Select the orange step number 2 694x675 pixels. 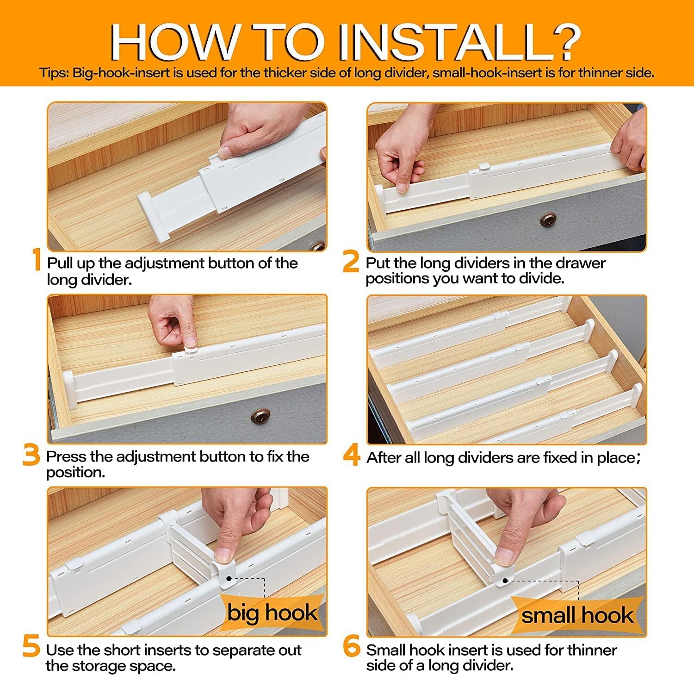click(x=352, y=261)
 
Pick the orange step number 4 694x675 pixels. click(x=352, y=455)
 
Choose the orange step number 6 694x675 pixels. click(x=352, y=647)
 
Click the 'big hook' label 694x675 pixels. click(x=272, y=613)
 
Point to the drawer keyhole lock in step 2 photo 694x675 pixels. click(x=549, y=219)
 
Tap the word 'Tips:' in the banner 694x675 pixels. click(x=54, y=73)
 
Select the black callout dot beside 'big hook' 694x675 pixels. click(x=229, y=578)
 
